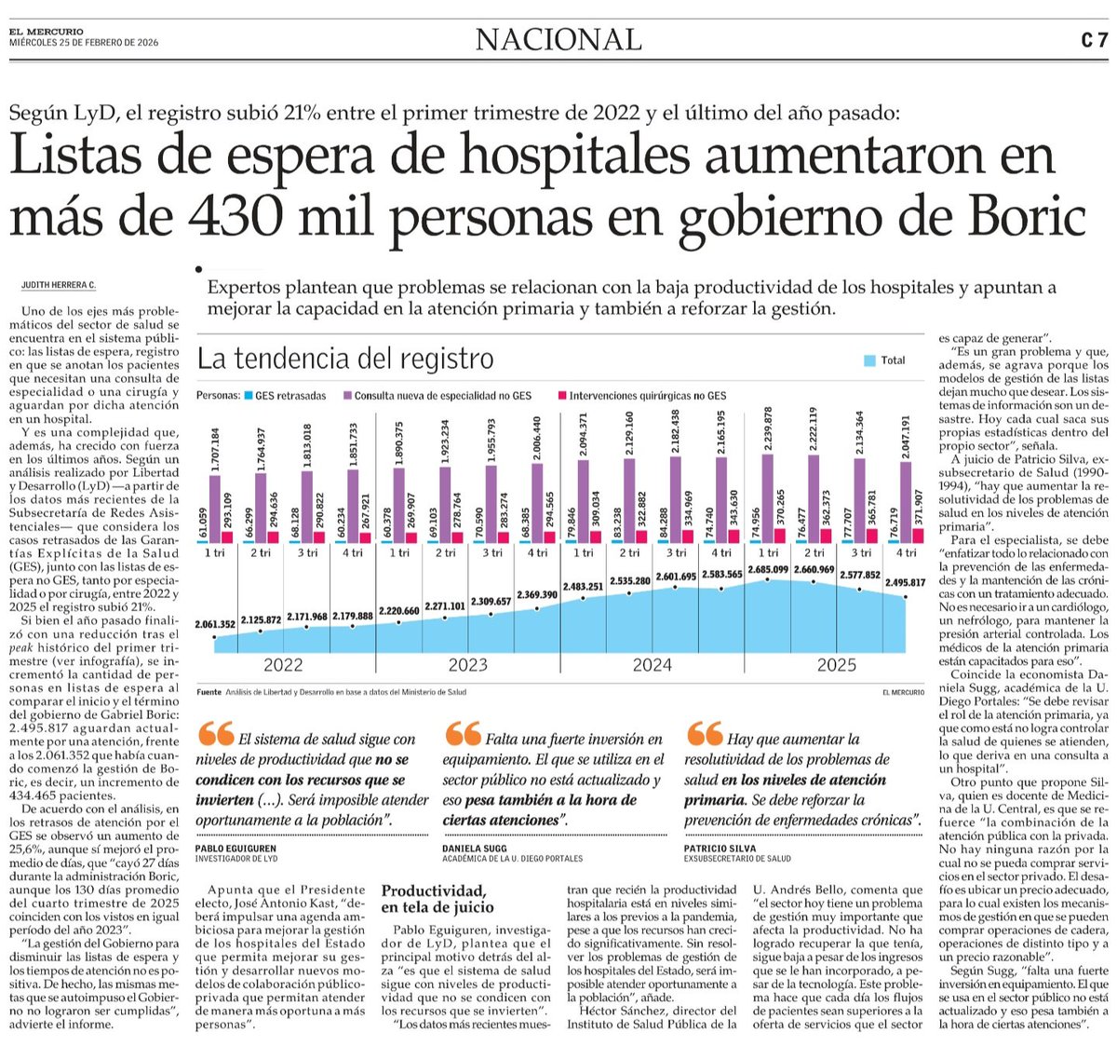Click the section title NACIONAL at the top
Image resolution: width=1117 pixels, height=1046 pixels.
pyautogui.click(x=558, y=40)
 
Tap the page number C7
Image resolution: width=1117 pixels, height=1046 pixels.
pyautogui.click(x=1094, y=40)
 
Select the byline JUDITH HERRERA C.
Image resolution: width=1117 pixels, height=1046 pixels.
pyautogui.click(x=59, y=285)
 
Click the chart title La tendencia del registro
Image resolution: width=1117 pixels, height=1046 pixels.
pyautogui.click(x=345, y=359)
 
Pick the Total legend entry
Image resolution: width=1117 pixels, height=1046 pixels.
pyautogui.click(x=885, y=360)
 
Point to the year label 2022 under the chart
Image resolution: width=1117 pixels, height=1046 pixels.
pyautogui.click(x=283, y=665)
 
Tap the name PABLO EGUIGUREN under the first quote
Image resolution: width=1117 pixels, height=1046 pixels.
pyautogui.click(x=236, y=849)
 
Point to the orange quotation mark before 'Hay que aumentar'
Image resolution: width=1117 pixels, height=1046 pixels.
pyautogui.click(x=704, y=734)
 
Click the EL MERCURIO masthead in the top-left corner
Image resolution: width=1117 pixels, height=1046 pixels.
pyautogui.click(x=47, y=33)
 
